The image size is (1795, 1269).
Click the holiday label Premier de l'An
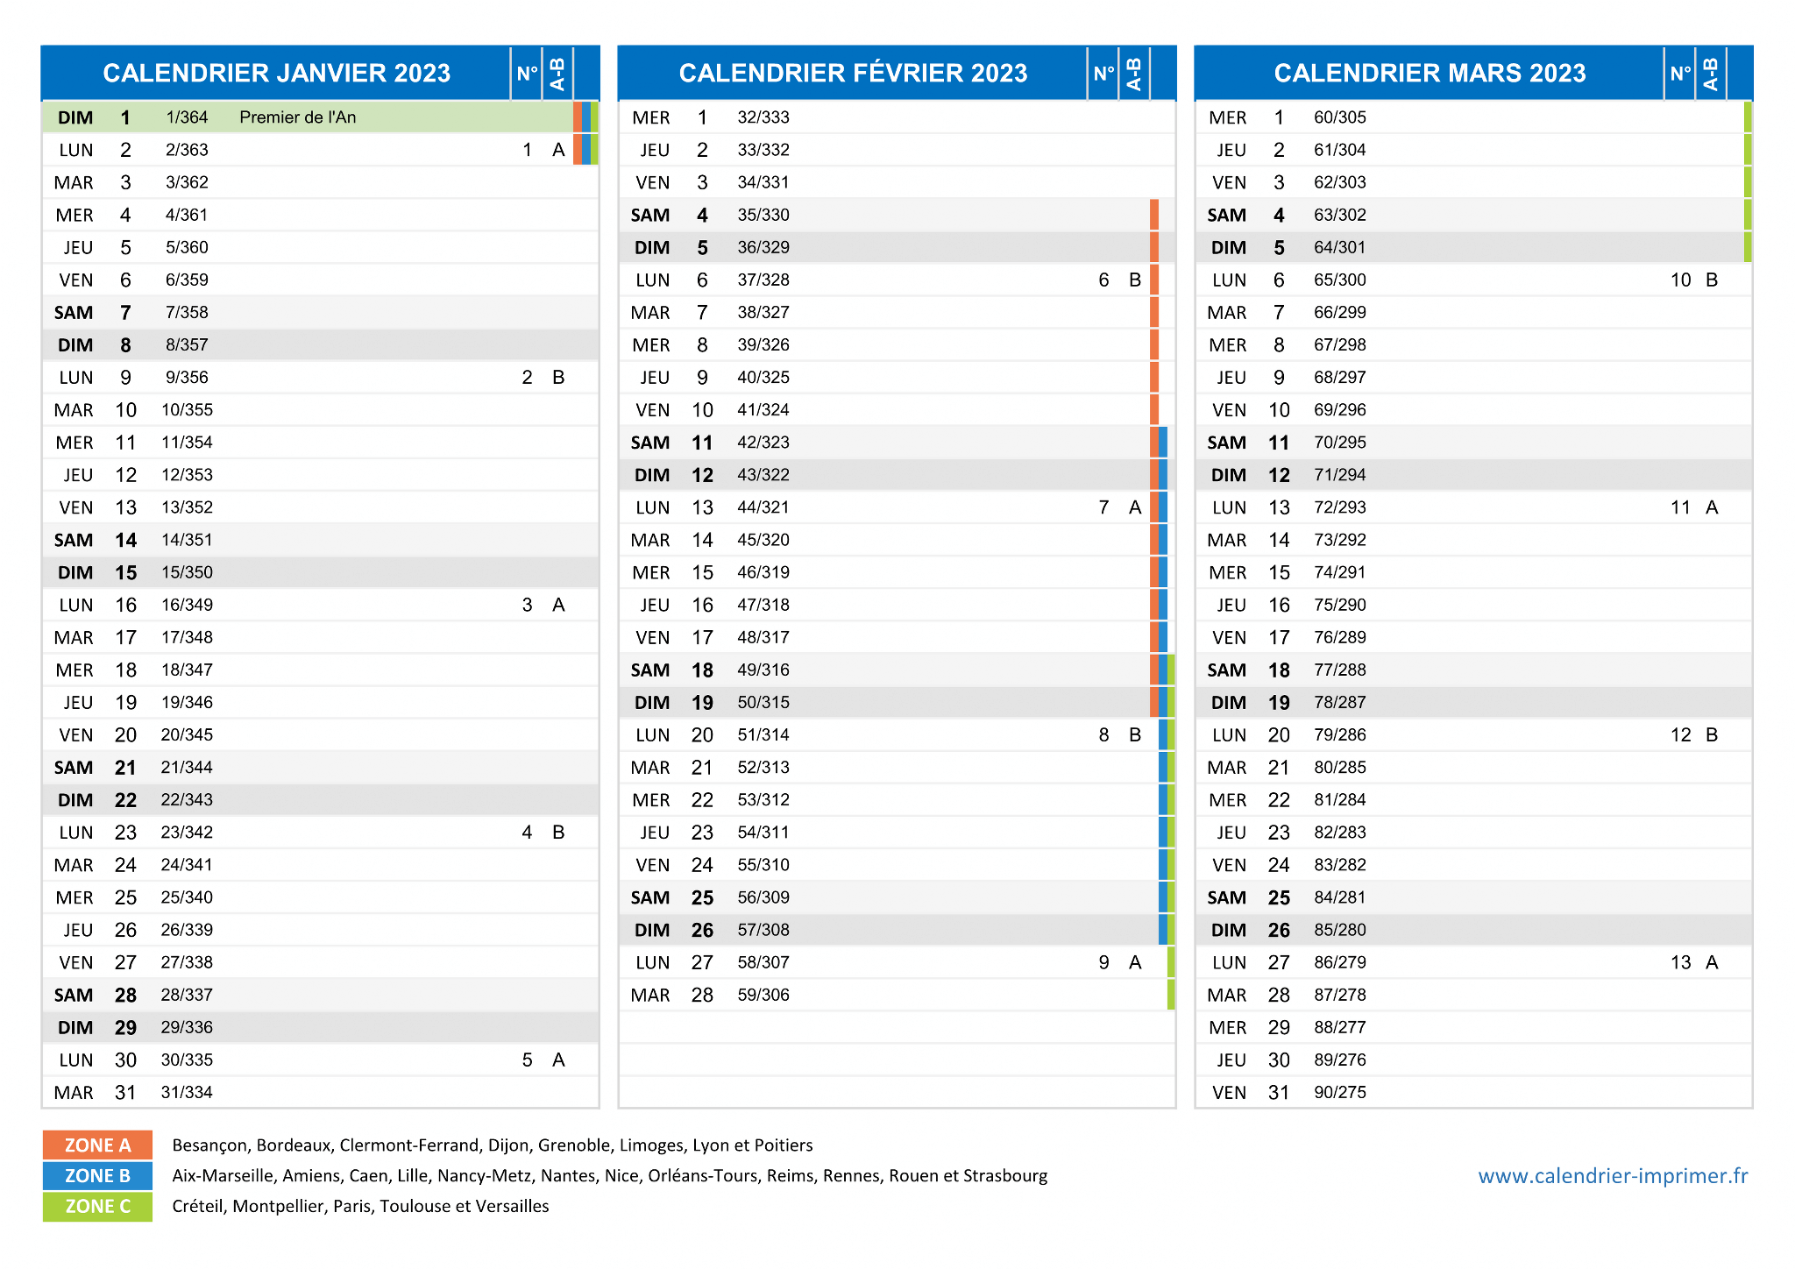tap(298, 117)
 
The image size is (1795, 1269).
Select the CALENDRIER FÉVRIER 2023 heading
tap(853, 73)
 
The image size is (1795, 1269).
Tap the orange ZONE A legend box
tap(97, 1145)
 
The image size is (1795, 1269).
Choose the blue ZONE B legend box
tap(97, 1176)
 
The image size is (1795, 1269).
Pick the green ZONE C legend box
tap(97, 1207)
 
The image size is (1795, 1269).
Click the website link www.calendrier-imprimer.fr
tap(1613, 1176)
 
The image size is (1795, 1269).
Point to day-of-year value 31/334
tap(187, 1093)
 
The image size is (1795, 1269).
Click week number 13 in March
tap(1680, 963)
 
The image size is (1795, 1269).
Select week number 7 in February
tap(1103, 508)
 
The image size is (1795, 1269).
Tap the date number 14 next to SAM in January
tap(126, 541)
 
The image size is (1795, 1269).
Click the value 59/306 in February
tap(763, 996)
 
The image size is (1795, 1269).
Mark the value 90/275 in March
tap(1340, 1093)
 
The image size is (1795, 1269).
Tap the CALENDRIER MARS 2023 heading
tap(1430, 73)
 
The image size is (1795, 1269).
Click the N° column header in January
tap(527, 73)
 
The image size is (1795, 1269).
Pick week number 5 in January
tap(527, 1060)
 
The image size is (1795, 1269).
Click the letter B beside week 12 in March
tap(1712, 735)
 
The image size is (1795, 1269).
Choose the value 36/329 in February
tap(763, 248)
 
